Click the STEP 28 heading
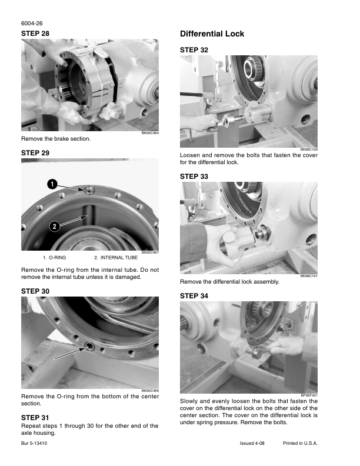[x=35, y=34]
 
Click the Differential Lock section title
[x=212, y=34]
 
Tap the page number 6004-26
[x=32, y=24]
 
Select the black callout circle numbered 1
[x=52, y=184]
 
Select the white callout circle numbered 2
[x=54, y=227]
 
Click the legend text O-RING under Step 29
[x=57, y=258]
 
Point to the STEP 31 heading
[x=35, y=418]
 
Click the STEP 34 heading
[x=194, y=296]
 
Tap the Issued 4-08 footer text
[x=252, y=443]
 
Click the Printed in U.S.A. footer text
[x=300, y=443]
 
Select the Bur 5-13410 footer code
[x=34, y=443]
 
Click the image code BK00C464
[x=150, y=133]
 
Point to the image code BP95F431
[x=309, y=395]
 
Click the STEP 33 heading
[x=194, y=177]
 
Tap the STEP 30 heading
[x=35, y=291]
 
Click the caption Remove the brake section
[x=56, y=139]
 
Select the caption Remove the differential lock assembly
[x=229, y=282]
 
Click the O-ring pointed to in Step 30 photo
[x=89, y=345]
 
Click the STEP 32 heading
[x=194, y=50]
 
